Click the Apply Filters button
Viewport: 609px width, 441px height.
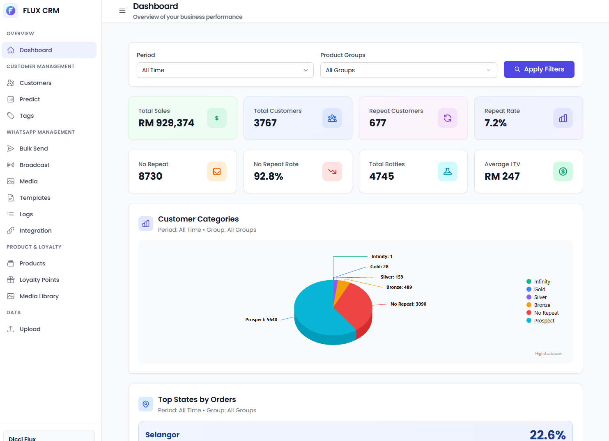pos(539,69)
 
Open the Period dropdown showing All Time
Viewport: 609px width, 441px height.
pos(225,70)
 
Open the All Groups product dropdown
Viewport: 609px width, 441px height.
pos(408,70)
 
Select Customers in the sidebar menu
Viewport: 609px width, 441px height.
pos(35,83)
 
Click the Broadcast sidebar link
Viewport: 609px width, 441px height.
pos(34,165)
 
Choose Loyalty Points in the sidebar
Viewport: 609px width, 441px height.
pos(39,280)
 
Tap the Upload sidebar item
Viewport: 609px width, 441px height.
pos(30,329)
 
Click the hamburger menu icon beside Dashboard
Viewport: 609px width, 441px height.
pos(122,11)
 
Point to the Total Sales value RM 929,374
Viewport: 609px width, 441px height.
pos(166,123)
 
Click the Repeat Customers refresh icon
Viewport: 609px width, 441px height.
pos(447,118)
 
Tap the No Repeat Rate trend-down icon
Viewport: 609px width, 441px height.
pos(332,171)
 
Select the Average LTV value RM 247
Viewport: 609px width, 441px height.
pos(502,176)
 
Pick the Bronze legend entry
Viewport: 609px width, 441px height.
pos(542,305)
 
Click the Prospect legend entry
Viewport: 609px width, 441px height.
pos(544,320)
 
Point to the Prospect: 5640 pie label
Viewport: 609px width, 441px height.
pos(261,320)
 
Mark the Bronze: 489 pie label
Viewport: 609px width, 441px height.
pos(399,287)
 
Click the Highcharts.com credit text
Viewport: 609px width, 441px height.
pos(548,354)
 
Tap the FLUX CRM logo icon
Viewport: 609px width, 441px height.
pos(11,11)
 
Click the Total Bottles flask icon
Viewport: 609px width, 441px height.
pos(447,171)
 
